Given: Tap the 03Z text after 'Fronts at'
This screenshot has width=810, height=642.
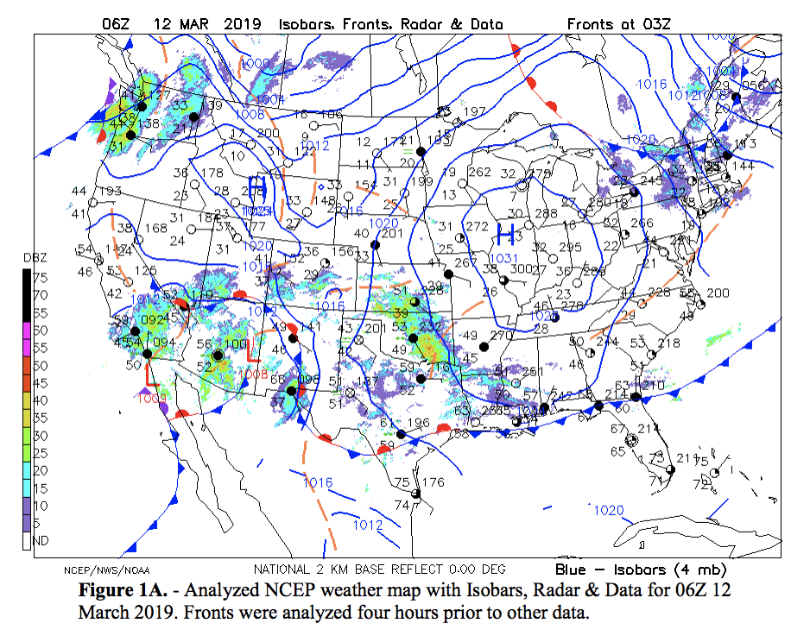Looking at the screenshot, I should point(651,23).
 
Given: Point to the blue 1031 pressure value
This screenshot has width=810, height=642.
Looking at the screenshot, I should point(504,259).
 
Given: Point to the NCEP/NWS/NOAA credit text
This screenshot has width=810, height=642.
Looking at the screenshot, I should point(98,570).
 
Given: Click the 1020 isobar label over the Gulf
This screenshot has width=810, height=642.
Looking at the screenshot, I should point(609,511).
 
